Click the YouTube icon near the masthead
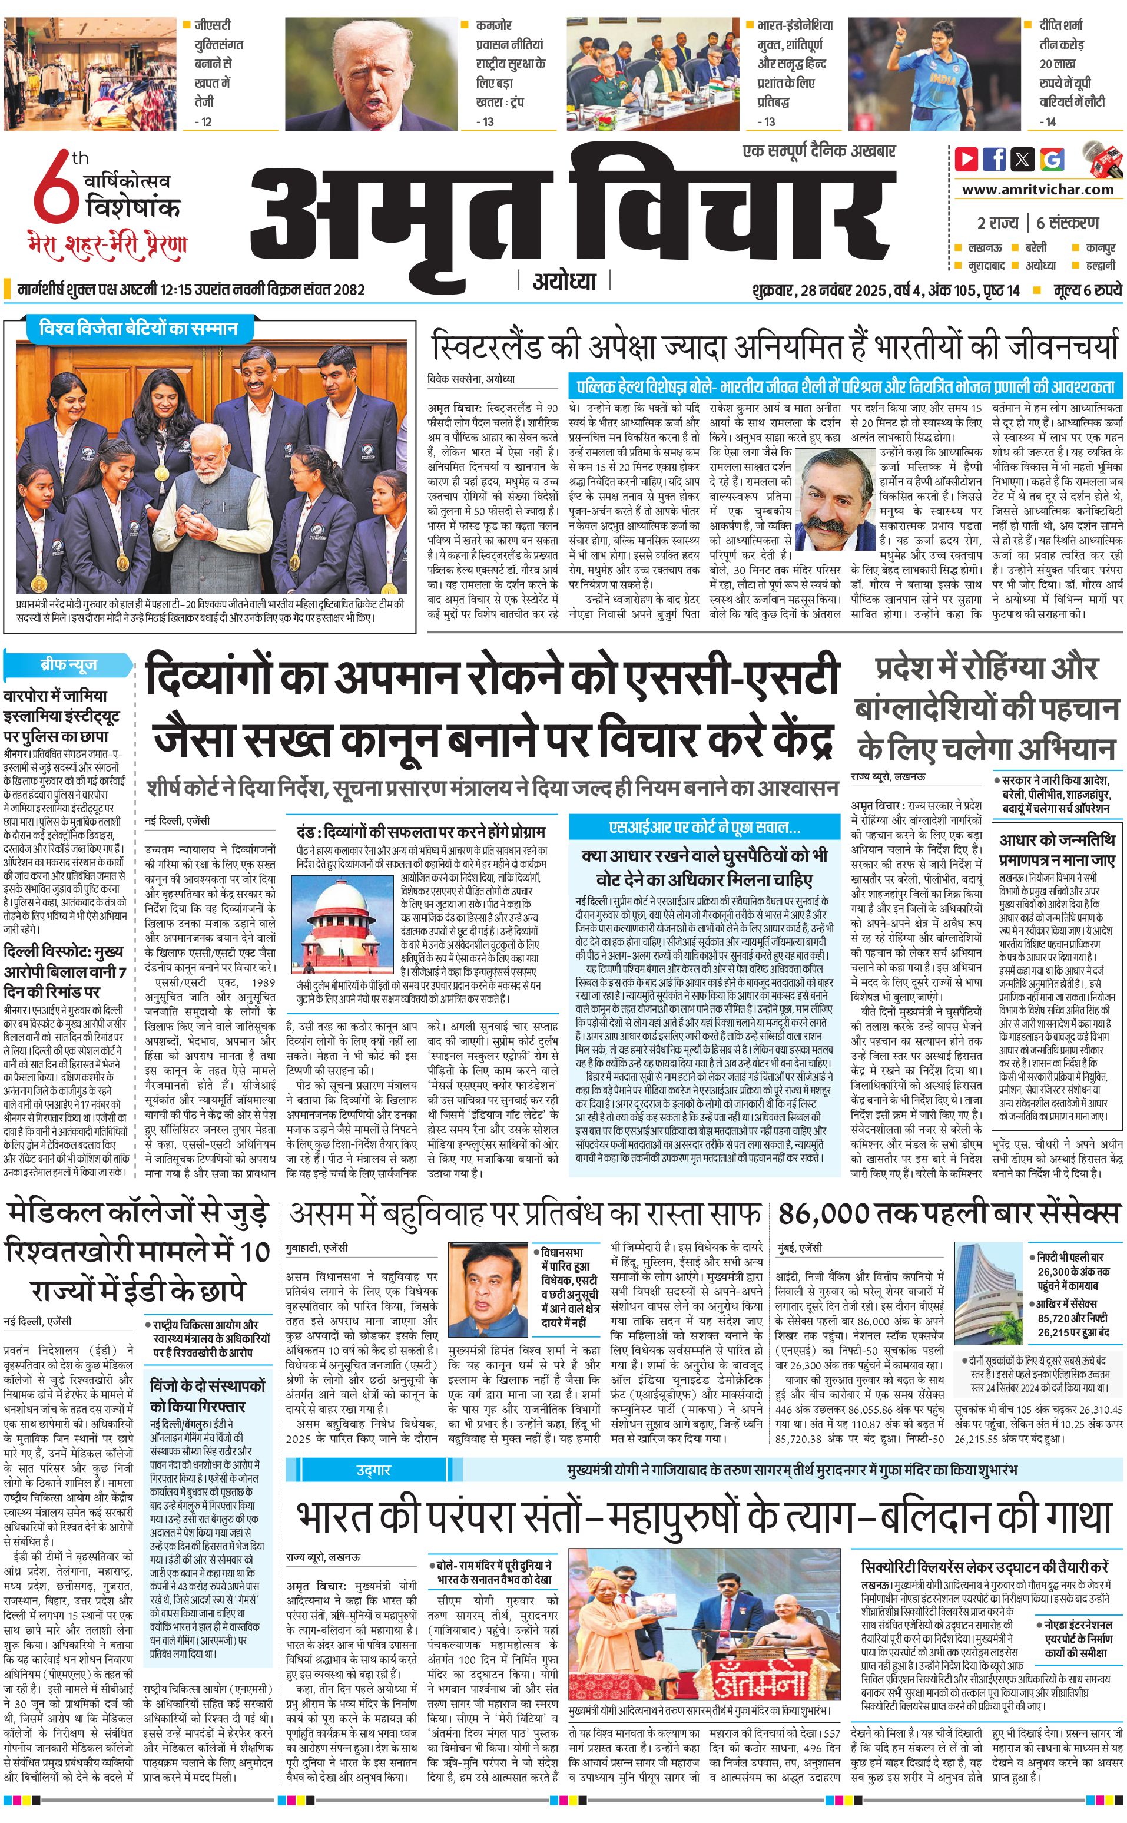click(967, 159)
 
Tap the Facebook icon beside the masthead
click(995, 159)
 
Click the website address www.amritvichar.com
click(1037, 190)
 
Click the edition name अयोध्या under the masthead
click(564, 282)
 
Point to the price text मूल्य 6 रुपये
click(1087, 290)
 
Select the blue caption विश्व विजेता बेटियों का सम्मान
click(138, 328)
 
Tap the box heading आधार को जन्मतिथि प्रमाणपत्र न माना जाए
click(1057, 849)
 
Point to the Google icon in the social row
click(1052, 159)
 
